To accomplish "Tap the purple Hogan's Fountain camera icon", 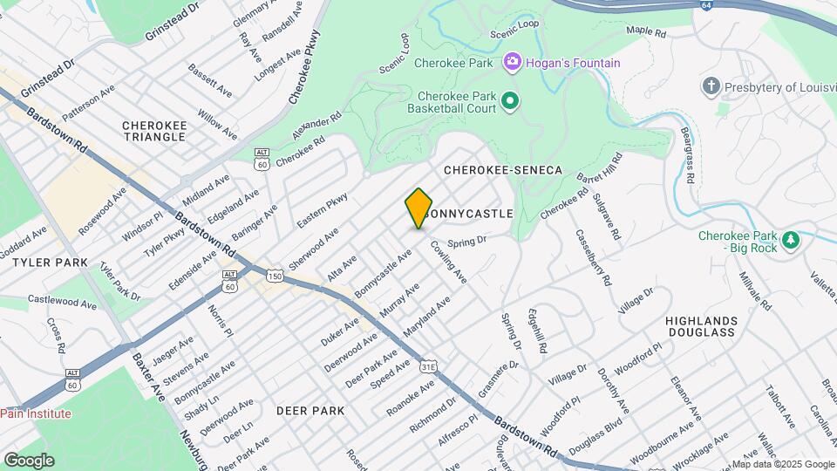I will (x=512, y=63).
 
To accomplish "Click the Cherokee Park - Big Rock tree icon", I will (x=791, y=238).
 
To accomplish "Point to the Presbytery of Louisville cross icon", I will (x=712, y=87).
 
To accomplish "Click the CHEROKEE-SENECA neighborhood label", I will (x=503, y=169).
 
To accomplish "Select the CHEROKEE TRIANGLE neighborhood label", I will (x=155, y=131).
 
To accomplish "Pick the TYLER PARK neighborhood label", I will (x=44, y=262).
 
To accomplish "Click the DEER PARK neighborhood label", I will (x=310, y=410).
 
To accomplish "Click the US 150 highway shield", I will (x=275, y=276).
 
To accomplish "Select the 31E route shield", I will (x=428, y=367).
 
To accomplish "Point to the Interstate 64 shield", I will (x=704, y=5).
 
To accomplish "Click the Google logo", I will (x=29, y=460).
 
